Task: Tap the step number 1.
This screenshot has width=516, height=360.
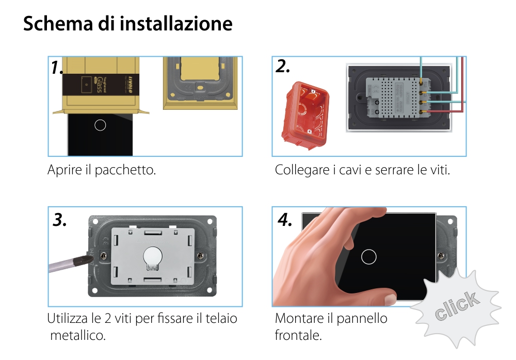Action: pyautogui.click(x=58, y=68)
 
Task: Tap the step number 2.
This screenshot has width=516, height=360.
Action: pyautogui.click(x=283, y=67)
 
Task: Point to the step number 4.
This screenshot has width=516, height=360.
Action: pyautogui.click(x=284, y=220)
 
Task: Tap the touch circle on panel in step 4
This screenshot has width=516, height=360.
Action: pyautogui.click(x=369, y=256)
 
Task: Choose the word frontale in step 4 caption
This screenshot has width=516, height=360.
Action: pyautogui.click(x=298, y=335)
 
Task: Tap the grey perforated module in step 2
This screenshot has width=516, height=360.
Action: pyautogui.click(x=392, y=97)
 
